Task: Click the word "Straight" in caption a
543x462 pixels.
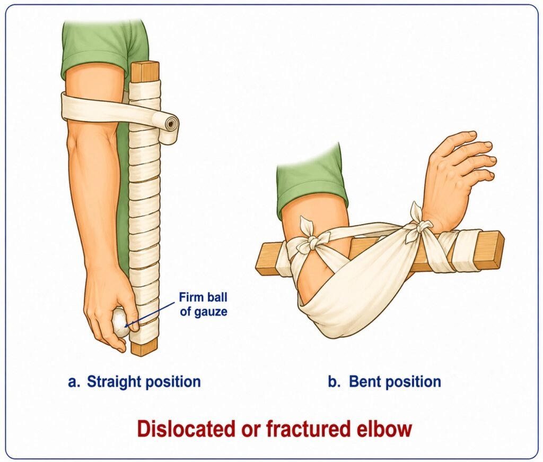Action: point(113,382)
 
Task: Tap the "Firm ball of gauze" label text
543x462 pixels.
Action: point(204,304)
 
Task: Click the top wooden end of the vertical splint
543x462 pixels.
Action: point(145,72)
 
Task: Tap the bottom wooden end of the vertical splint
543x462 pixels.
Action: point(145,348)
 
